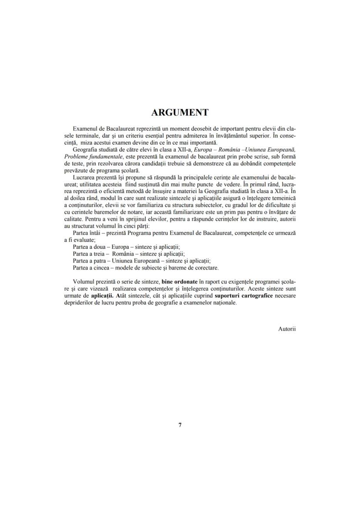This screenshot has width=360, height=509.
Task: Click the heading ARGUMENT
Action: click(x=180, y=113)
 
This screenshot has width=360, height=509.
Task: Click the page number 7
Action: click(x=180, y=425)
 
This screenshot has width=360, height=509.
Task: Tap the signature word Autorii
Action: click(x=287, y=329)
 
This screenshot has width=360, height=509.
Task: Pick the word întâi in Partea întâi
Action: click(x=97, y=233)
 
